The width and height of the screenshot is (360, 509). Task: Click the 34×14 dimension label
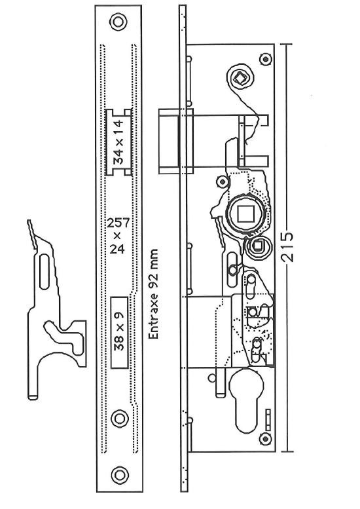[118, 142]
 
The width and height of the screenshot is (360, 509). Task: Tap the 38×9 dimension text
[119, 331]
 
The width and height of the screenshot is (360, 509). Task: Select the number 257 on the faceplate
[118, 223]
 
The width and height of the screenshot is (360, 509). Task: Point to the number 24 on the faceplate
[117, 249]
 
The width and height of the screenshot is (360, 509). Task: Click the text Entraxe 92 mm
[153, 294]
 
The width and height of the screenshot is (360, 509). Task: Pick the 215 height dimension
[287, 247]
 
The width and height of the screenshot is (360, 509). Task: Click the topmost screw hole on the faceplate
[118, 22]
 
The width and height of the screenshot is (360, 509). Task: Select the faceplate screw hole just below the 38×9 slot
[120, 419]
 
